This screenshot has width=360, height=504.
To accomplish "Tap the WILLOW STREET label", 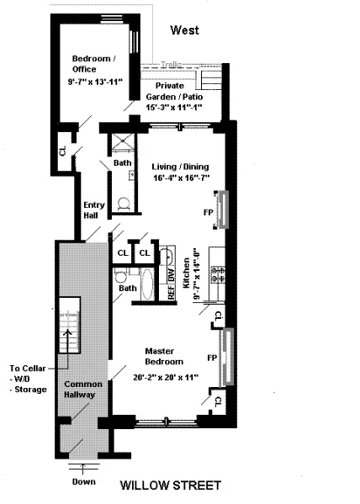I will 172,485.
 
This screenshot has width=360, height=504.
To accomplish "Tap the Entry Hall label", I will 93,210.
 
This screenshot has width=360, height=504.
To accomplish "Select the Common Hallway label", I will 82,390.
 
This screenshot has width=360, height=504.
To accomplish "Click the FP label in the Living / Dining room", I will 207,212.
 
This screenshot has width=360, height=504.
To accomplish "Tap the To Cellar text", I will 29,368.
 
